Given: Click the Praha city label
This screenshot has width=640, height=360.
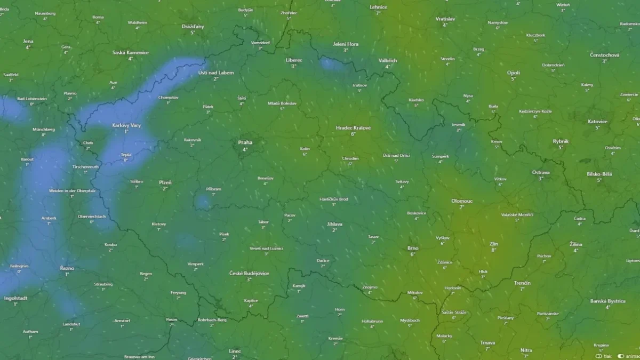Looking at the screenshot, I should coord(245,142).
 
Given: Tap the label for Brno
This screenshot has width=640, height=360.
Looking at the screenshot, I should coord(413,248).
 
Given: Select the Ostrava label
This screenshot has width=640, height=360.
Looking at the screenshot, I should coord(541,172).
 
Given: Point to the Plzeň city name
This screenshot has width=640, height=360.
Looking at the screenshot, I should coord(165,182).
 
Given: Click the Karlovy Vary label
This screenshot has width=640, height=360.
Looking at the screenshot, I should coord(126,125).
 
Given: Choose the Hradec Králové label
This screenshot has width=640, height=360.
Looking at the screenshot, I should coord(353,128).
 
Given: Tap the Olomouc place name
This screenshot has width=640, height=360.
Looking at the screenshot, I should coord(462,201).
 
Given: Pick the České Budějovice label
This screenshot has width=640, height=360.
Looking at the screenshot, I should coord(249,273).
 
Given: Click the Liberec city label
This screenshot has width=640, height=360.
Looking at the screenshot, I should coord(293,60).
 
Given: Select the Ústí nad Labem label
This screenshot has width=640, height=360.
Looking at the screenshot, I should coord(216,73).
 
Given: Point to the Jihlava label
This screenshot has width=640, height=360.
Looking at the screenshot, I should coord(335,224).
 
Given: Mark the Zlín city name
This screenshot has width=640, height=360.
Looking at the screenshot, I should coord(493,244).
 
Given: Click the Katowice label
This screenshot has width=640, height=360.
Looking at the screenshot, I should coord(597,122).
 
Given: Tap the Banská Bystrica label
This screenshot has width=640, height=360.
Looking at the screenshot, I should coord(607,301).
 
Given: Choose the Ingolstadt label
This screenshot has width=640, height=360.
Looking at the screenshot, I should coord(15,298).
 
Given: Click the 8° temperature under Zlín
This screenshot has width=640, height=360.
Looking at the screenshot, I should coord(493,250).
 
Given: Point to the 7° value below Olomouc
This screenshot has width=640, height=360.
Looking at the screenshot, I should coord(462,207).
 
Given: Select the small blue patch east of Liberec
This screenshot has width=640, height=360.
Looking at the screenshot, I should coord(332,65).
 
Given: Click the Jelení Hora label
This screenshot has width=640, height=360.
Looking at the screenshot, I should coord(346,44).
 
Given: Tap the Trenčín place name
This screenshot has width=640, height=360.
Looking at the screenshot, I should coord(522,283).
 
